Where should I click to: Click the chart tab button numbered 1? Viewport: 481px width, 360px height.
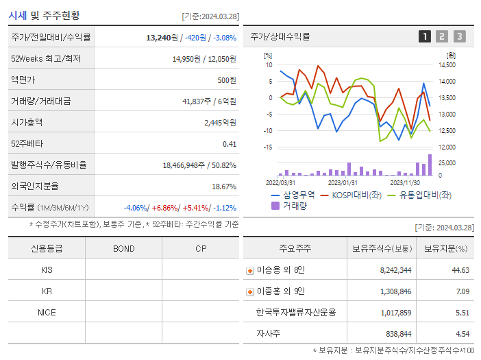(425, 37)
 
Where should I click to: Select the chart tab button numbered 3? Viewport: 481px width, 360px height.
(459, 37)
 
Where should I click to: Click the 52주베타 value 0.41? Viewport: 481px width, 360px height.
(229, 143)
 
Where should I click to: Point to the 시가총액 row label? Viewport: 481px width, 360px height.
(27, 122)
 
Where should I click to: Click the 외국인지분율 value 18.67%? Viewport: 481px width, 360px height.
(223, 186)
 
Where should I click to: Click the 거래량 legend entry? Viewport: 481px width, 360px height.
(290, 205)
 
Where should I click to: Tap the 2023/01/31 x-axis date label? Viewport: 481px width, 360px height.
(343, 183)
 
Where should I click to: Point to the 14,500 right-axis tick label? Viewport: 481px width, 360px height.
(446, 65)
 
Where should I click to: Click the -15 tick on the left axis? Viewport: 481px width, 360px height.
(268, 147)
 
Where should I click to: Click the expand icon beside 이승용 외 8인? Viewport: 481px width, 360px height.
(250, 270)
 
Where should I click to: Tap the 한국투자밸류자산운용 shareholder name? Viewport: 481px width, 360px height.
(296, 312)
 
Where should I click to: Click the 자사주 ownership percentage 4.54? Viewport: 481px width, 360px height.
(461, 333)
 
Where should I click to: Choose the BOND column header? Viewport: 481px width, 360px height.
(123, 248)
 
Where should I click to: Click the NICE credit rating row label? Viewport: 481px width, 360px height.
(47, 312)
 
